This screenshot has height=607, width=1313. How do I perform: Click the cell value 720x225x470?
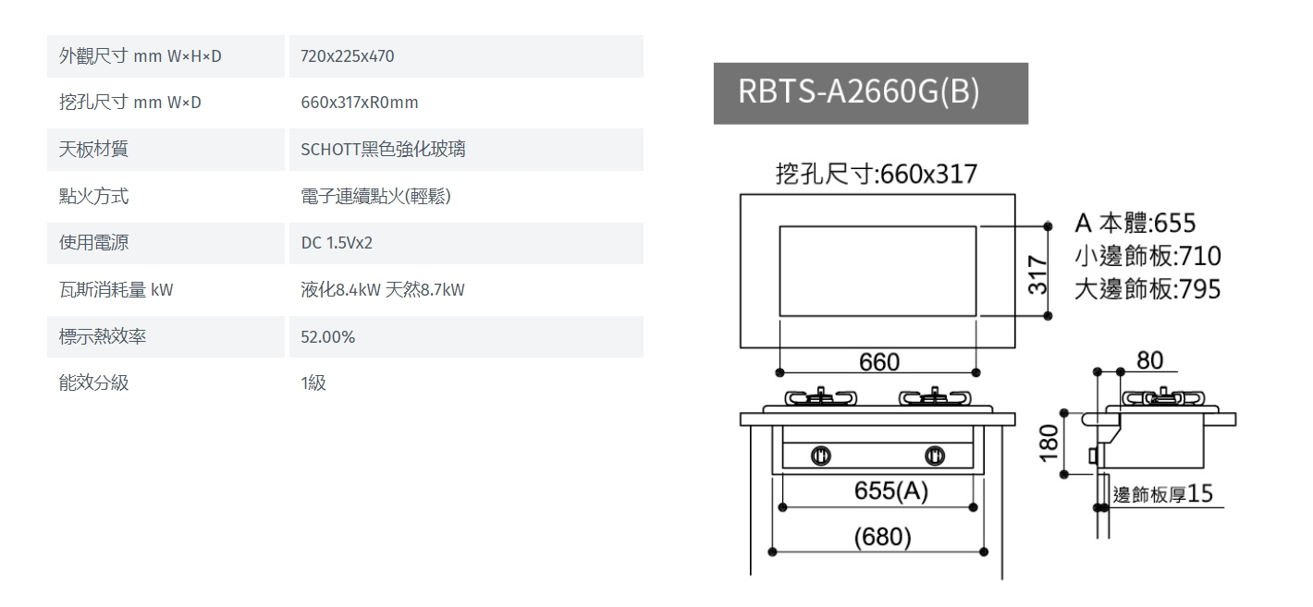347,56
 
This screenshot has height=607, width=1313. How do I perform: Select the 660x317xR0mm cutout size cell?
360,103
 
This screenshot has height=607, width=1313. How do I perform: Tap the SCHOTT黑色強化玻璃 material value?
383,149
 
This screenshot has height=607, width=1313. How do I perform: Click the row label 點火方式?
93,196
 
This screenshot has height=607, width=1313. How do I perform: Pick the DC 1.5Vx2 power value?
337,243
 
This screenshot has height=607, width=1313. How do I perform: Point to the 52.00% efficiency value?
327,337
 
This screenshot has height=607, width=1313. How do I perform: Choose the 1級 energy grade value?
313,382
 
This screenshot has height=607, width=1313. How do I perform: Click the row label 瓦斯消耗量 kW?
117,289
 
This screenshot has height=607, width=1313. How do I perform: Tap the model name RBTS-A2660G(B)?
858,92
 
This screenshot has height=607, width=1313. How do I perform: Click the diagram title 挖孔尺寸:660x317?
877,174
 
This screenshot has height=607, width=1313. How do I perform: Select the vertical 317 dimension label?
1037,274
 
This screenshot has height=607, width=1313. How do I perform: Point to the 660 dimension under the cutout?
879,362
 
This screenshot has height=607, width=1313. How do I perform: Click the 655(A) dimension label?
891,491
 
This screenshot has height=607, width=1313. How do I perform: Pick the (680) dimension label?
883,537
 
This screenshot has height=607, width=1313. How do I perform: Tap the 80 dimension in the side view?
1149,360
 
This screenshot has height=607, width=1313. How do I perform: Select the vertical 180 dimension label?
1049,443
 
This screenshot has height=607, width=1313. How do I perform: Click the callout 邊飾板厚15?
1162,493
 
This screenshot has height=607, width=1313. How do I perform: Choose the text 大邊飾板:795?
1147,289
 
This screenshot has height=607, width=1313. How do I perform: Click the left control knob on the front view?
821,455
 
